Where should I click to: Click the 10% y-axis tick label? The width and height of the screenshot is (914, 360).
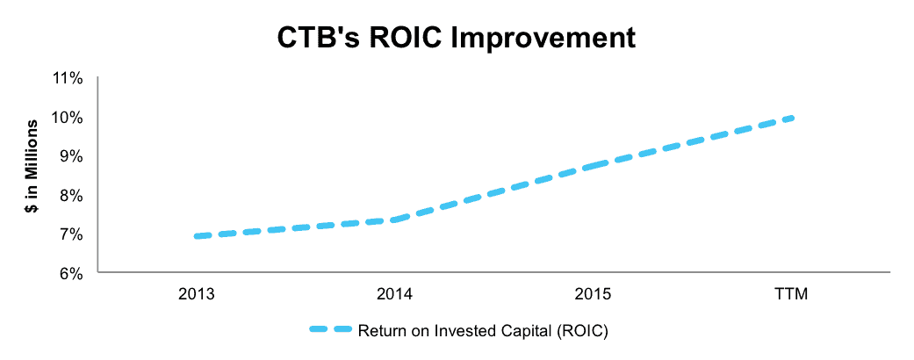tap(68, 118)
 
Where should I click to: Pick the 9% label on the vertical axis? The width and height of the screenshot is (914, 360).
tap(72, 156)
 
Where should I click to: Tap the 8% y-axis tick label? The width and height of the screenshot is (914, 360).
tap(72, 196)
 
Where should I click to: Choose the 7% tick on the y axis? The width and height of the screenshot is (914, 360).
tap(72, 234)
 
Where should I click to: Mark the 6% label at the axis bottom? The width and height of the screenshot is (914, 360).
tap(72, 274)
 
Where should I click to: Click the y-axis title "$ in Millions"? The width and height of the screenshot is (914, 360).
tap(32, 167)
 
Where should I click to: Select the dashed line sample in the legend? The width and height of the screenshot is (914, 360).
tap(330, 330)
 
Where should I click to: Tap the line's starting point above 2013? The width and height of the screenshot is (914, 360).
tap(197, 236)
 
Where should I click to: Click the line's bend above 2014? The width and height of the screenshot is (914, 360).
tap(395, 220)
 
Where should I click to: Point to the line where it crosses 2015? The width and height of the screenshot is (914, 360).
tap(594, 167)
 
